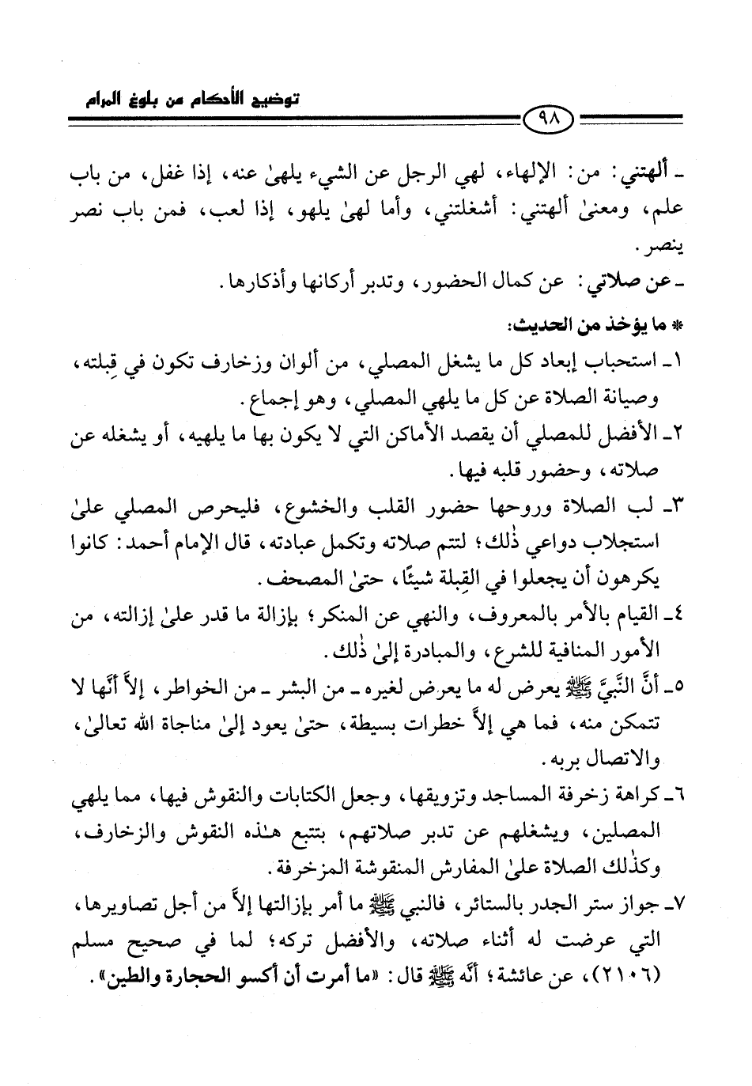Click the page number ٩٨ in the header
550,120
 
